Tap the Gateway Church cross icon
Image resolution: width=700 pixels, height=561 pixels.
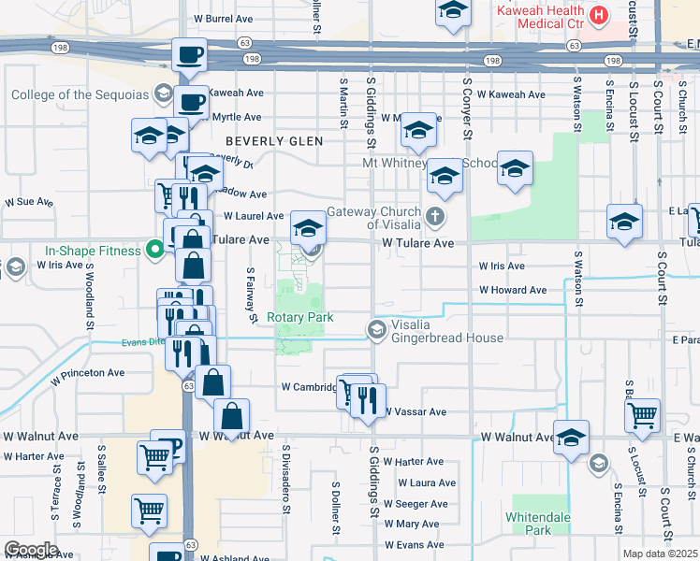pos(434,217)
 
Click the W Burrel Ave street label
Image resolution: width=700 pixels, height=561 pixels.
pos(223,18)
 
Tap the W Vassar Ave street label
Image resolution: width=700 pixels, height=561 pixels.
pos(415,411)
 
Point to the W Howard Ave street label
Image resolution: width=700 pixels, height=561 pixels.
pos(513,290)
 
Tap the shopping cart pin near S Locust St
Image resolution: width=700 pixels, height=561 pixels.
pos(643,414)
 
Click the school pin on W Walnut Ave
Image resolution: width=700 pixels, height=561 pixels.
pos(571,436)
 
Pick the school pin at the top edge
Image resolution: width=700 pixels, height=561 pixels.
pos(453,11)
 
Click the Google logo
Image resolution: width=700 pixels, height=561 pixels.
pos(30,549)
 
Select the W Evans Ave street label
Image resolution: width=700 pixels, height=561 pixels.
pos(415,544)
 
